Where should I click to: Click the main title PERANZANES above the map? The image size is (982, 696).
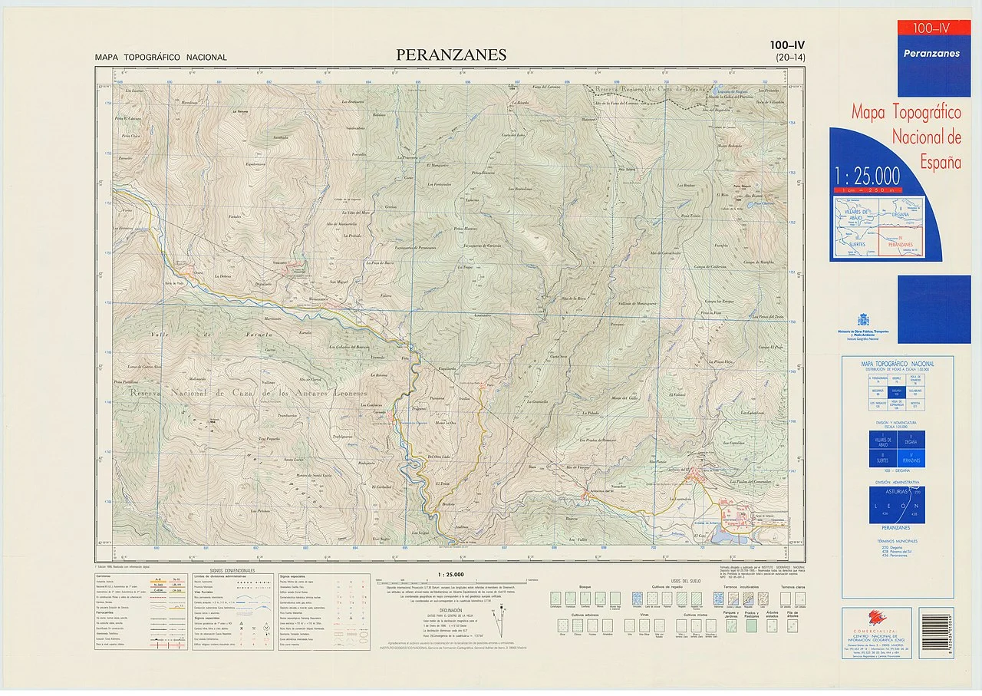451,54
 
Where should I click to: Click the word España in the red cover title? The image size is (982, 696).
941,162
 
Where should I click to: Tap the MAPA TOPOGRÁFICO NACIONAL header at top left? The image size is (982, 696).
160,58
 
